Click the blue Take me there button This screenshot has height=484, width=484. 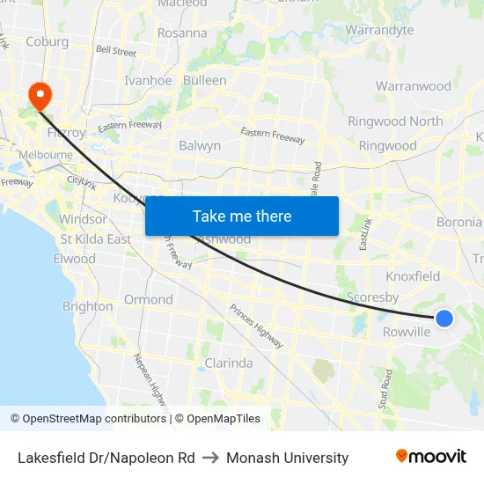click(x=242, y=216)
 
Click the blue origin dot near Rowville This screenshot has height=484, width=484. click(x=444, y=318)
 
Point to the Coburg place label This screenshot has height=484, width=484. click(x=47, y=40)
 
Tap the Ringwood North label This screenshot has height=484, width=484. click(x=395, y=121)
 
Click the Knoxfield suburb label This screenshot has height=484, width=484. click(x=413, y=276)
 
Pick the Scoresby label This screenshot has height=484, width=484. click(x=374, y=297)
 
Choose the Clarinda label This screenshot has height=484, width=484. click(x=228, y=363)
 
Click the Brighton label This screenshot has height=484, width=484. click(x=87, y=306)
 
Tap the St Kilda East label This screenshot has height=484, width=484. click(x=95, y=239)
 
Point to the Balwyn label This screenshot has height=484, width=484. click(x=200, y=145)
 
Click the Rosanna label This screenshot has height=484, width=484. click(x=182, y=33)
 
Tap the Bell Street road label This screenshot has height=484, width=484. click(x=116, y=52)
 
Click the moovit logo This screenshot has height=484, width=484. click(x=430, y=457)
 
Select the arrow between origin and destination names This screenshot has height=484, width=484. click(x=210, y=458)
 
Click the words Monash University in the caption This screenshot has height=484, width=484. click(x=287, y=458)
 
